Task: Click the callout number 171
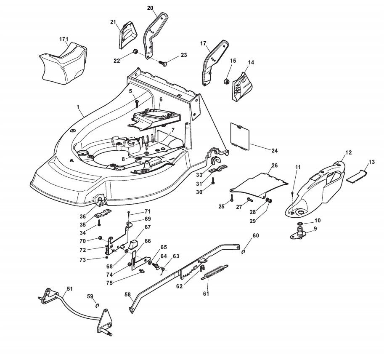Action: point(64,39)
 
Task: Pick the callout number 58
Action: point(128,295)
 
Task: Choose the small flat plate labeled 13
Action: point(355,176)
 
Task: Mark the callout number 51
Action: point(69,289)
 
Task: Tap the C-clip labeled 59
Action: point(97,306)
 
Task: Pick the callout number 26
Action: point(274,165)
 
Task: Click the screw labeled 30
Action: point(214,181)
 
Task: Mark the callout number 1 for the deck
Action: point(78,107)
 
